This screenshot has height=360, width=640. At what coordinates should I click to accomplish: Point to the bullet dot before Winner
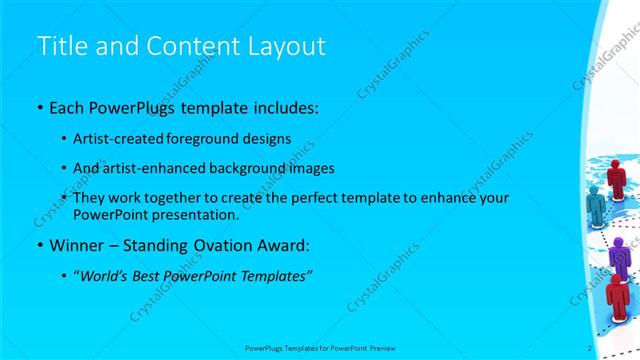point(39,245)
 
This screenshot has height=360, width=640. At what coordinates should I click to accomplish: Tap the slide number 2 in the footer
point(590,347)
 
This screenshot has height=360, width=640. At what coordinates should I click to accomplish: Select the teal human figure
point(596,206)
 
